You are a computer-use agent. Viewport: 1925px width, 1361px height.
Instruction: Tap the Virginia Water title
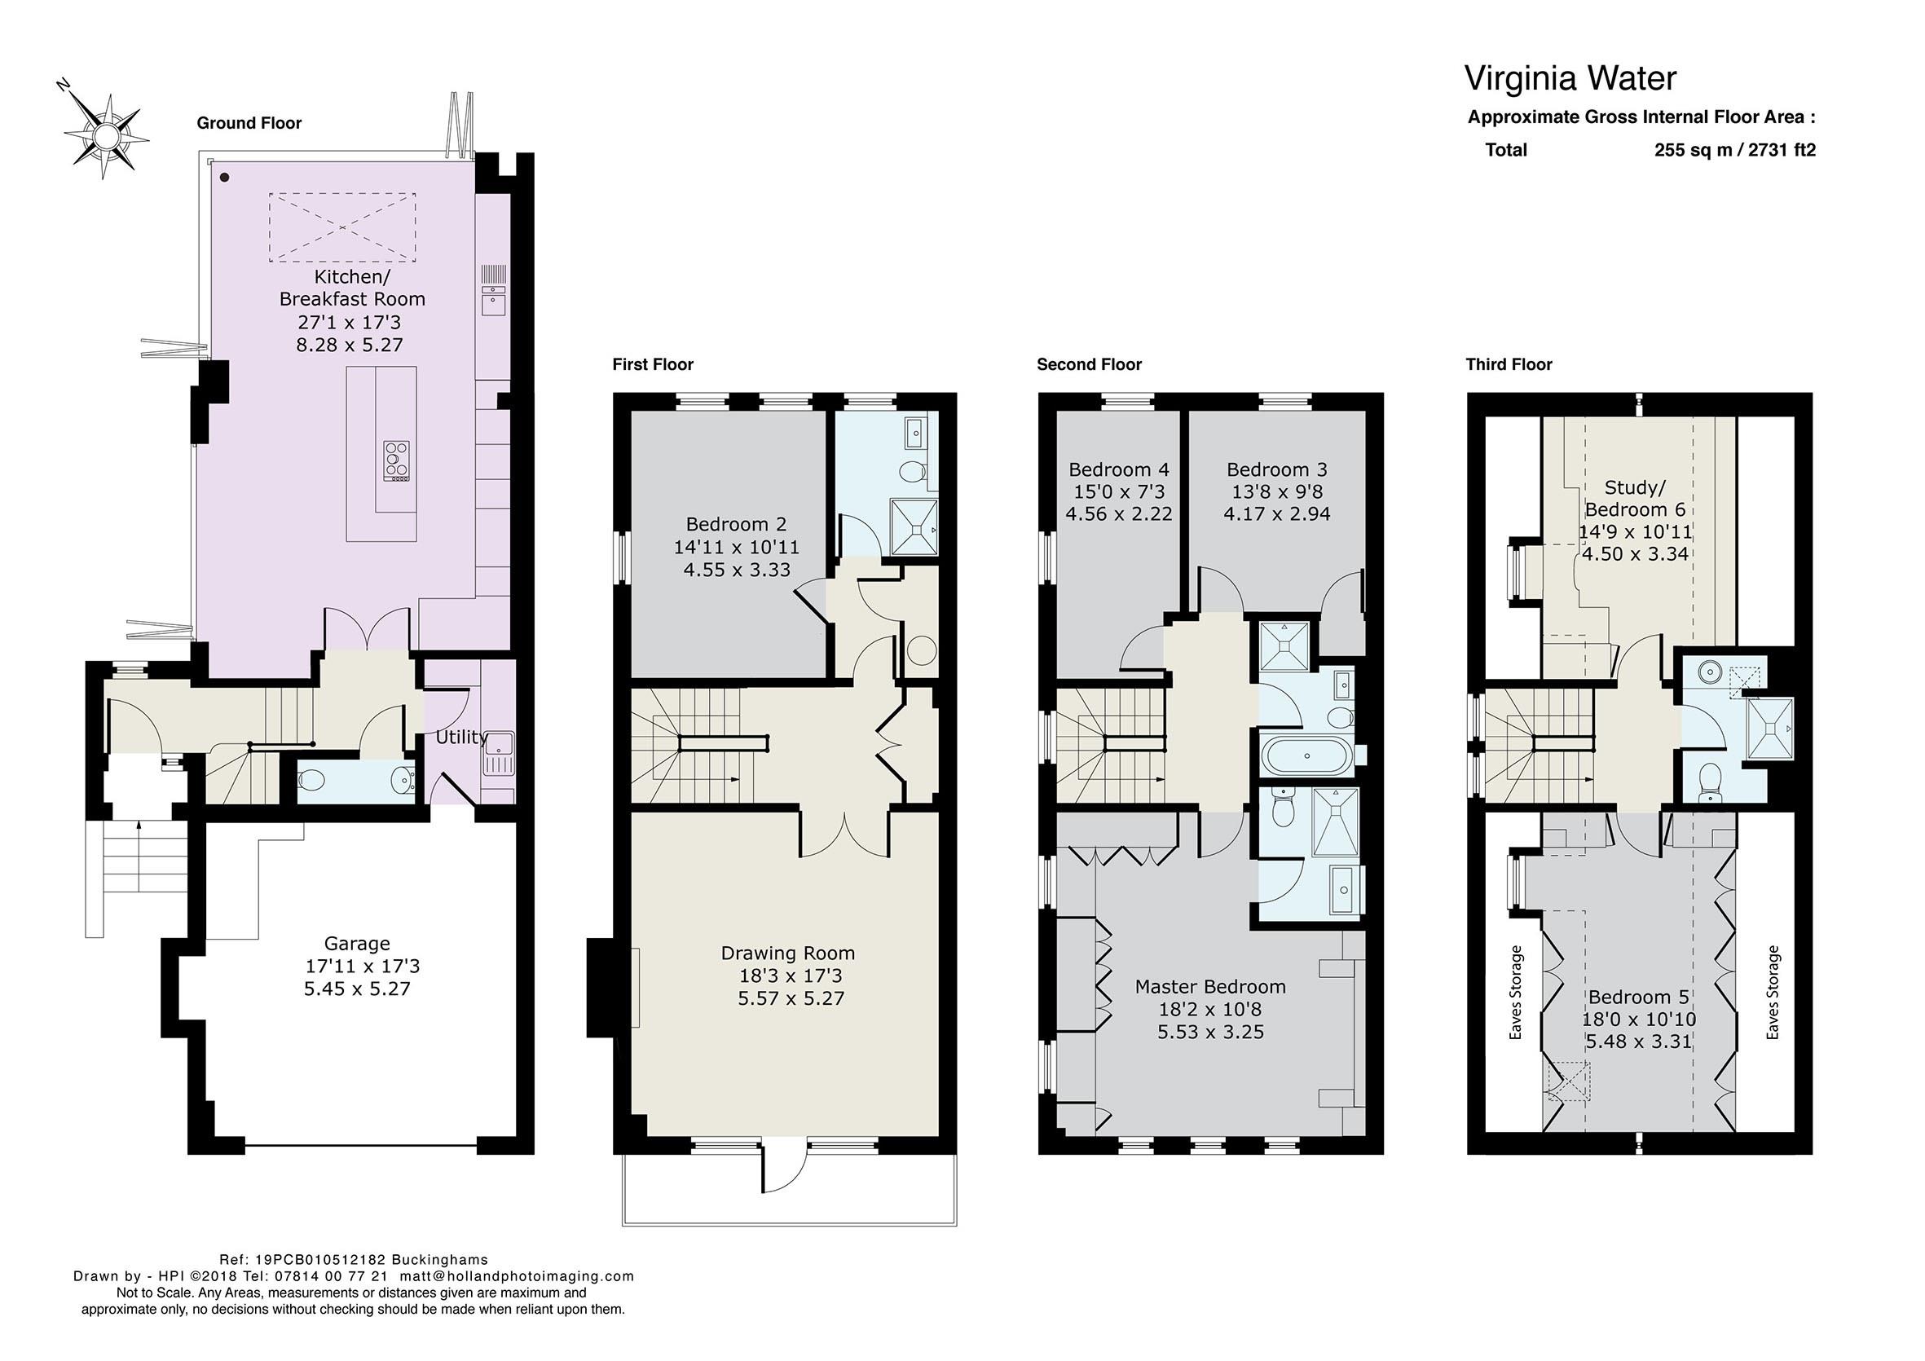[x=1570, y=78]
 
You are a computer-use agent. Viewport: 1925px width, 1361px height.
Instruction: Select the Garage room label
[x=357, y=944]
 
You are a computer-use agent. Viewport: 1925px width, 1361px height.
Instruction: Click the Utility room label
[x=461, y=737]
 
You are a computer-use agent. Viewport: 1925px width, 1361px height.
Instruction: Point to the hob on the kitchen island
[x=397, y=461]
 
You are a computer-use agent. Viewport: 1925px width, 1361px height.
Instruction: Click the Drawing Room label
[x=788, y=953]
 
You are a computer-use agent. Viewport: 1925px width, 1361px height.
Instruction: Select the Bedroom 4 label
[x=1118, y=469]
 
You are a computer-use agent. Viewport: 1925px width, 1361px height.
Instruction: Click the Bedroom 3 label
[x=1277, y=469]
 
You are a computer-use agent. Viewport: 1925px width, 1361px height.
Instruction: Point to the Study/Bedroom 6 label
[x=1635, y=498]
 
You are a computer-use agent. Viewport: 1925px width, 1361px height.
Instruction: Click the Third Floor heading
[x=1509, y=364]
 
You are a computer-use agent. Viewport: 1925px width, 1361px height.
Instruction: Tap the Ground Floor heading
[x=249, y=123]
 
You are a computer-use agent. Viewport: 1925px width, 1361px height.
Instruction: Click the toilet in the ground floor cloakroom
[x=311, y=780]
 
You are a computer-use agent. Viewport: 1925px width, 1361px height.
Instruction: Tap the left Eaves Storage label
[x=1515, y=993]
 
